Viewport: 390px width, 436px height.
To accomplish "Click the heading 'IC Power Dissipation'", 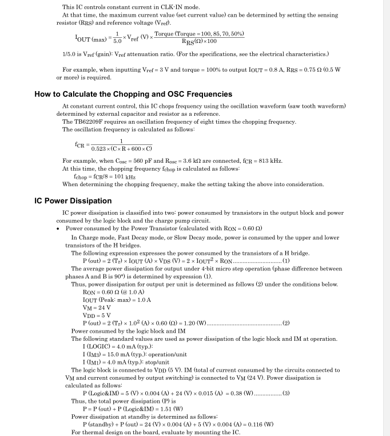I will point(73,201).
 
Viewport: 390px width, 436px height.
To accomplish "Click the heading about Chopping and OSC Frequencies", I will point(133,94).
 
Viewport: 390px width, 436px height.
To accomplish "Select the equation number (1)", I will point(286,261).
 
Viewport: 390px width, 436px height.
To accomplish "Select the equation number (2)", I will point(286,323).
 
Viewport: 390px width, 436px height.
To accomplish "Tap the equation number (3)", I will point(286,393).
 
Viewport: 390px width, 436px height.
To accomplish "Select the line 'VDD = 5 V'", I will point(97,315).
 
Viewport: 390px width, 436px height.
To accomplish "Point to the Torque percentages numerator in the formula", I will point(200,34).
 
